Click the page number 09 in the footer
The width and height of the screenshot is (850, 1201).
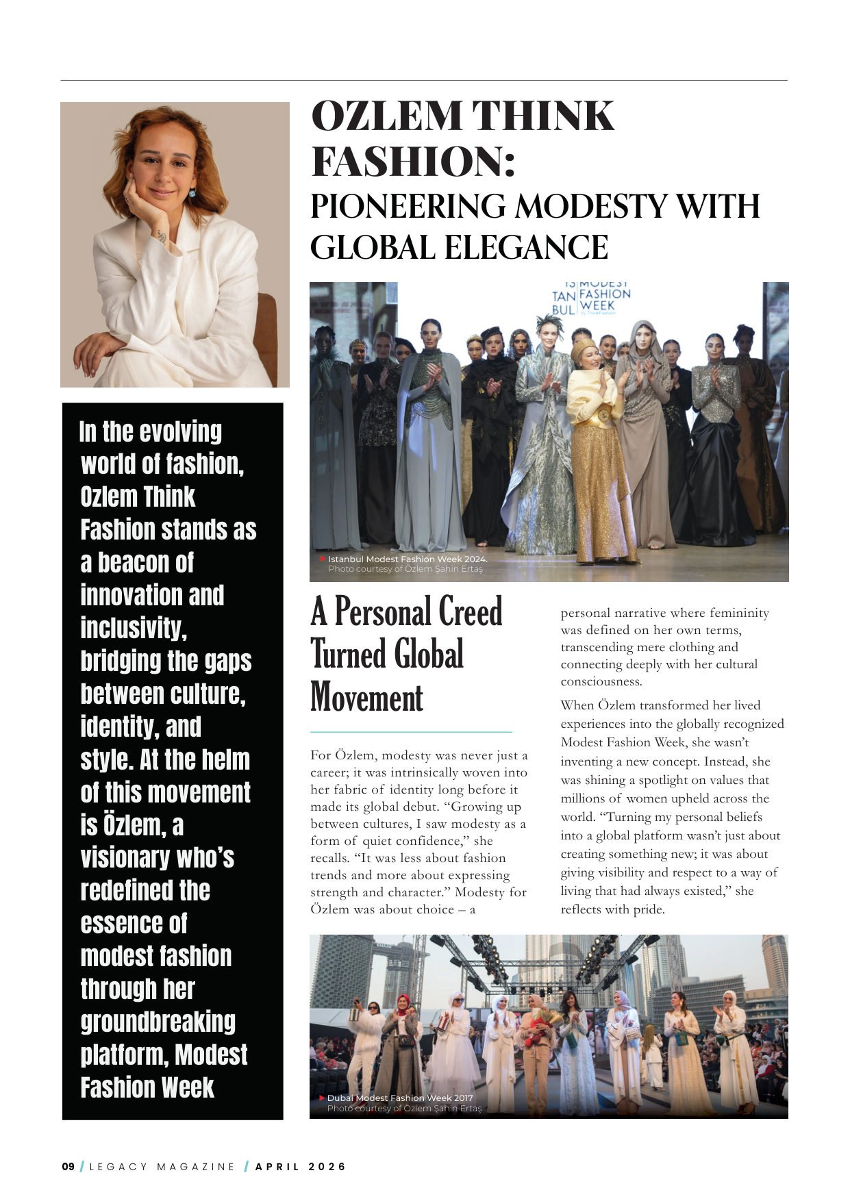coord(68,1167)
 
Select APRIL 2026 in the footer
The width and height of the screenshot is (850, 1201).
coord(301,1167)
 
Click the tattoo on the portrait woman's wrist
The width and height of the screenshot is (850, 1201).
coord(162,236)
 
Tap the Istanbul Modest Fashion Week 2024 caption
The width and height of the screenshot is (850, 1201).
coord(408,559)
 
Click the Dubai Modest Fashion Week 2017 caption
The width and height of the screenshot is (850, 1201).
coord(399,1098)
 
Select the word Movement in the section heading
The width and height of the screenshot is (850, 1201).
coord(366,698)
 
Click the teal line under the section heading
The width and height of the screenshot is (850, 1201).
coord(411,732)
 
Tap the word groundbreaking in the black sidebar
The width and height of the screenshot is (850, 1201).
coord(158,1022)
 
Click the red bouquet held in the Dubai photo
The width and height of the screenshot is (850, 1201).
coord(536,1021)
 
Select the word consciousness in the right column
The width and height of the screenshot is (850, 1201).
coord(601,681)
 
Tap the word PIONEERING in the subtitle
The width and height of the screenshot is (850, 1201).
coord(408,206)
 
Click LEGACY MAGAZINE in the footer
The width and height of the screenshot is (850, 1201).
coord(162,1167)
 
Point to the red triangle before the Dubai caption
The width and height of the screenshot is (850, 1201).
coord(321,1098)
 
